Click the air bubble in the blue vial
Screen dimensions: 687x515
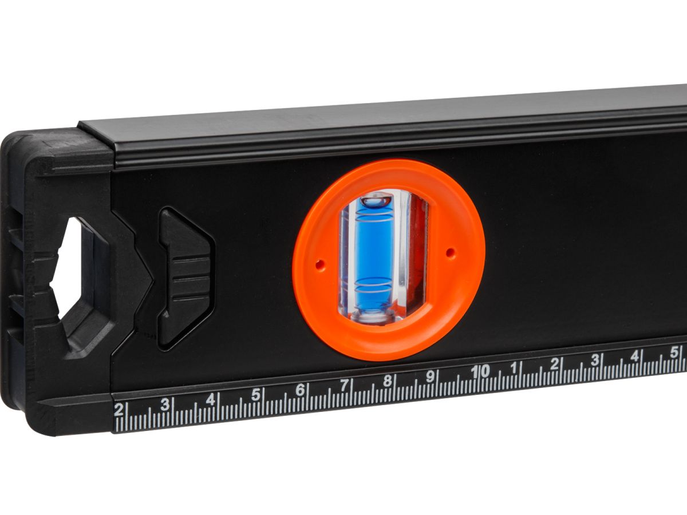click(376, 199)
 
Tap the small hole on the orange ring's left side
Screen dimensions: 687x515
click(319, 264)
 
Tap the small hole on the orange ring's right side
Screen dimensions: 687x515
click(451, 251)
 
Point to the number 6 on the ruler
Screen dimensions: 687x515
click(300, 390)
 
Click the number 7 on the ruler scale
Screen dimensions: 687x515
click(344, 385)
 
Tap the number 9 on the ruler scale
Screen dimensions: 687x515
click(431, 377)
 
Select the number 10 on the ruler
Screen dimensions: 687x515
click(480, 371)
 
